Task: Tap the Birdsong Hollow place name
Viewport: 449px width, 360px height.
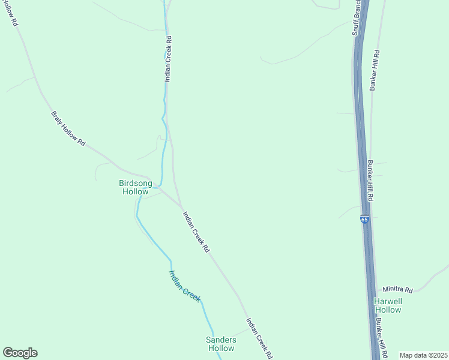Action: pyautogui.click(x=135, y=187)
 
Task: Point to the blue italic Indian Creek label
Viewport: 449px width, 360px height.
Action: pyautogui.click(x=184, y=286)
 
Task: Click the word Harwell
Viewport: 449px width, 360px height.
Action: pyautogui.click(x=388, y=301)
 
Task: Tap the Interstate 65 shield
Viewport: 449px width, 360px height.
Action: pyautogui.click(x=364, y=220)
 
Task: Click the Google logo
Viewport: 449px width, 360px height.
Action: pyautogui.click(x=20, y=353)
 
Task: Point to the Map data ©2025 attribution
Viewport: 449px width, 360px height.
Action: pyautogui.click(x=423, y=355)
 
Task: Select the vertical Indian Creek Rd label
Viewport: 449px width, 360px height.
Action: pyautogui.click(x=169, y=59)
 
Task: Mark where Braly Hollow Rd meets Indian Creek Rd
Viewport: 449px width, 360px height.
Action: pyautogui.click(x=182, y=208)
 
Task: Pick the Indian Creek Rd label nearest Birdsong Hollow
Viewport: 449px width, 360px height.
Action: pyautogui.click(x=196, y=231)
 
